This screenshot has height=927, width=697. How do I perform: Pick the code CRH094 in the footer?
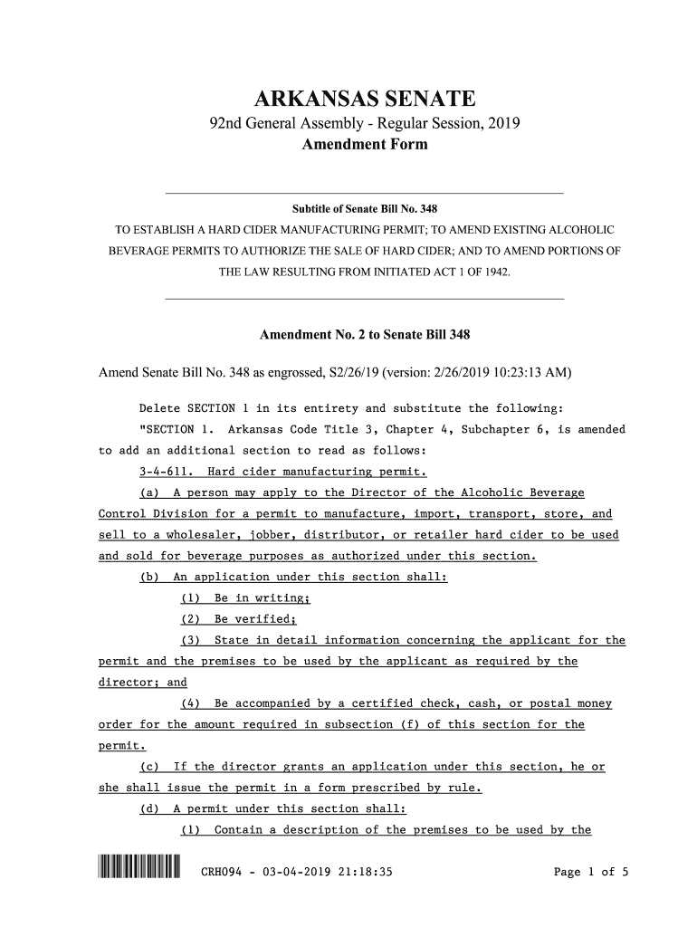pos(223,874)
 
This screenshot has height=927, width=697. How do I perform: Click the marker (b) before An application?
pos(149,578)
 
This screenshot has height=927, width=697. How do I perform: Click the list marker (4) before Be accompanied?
pos(192,703)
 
